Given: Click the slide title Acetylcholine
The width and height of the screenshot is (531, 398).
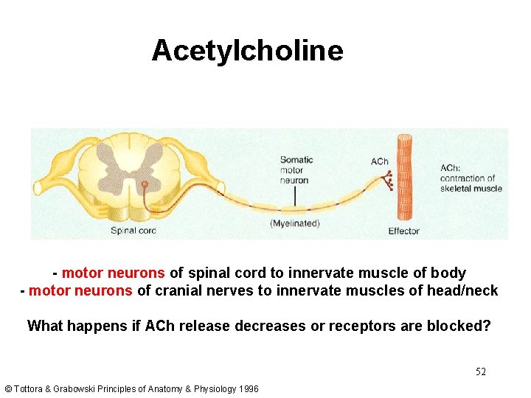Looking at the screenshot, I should [x=247, y=51].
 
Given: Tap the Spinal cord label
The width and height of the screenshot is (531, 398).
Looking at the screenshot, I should [x=133, y=231].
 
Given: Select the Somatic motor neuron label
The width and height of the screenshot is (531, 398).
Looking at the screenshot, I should [x=296, y=170].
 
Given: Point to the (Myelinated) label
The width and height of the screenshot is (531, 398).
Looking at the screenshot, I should [x=295, y=223].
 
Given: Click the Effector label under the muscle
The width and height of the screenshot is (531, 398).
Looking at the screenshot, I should [x=403, y=231].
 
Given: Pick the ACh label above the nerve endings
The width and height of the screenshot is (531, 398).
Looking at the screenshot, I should [x=379, y=161].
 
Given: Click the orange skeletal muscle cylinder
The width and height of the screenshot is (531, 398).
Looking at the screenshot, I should [x=404, y=178].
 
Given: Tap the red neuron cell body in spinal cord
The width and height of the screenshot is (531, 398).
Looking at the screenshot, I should [x=145, y=184].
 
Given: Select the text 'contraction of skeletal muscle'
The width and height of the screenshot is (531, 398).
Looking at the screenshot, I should [x=471, y=183].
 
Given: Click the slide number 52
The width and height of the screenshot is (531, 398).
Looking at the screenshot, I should [x=480, y=371].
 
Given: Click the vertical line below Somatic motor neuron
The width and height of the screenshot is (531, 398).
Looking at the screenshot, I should [x=295, y=196].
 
